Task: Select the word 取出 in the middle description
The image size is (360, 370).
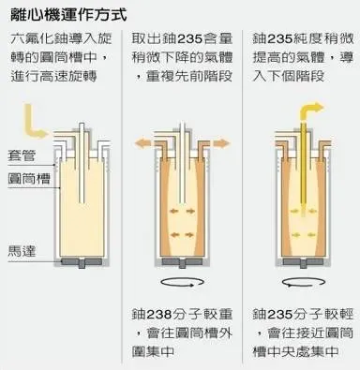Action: [x=143, y=39]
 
